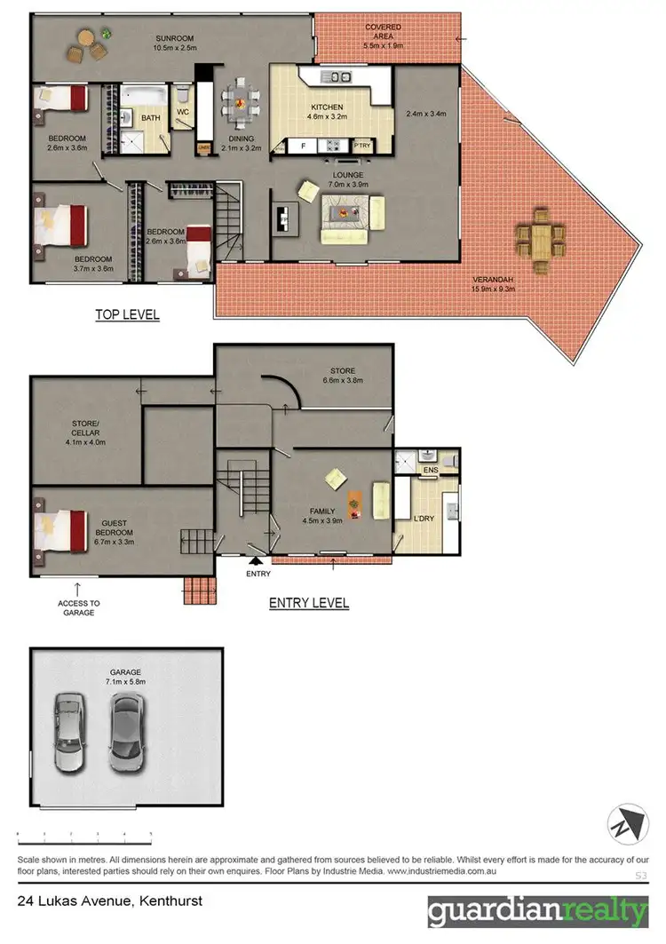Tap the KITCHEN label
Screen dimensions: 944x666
326,107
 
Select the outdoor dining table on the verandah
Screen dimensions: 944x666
540,239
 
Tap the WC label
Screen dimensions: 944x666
182,113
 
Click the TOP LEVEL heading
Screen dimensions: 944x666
127,314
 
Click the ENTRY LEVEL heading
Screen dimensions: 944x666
308,603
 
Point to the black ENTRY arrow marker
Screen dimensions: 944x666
256,561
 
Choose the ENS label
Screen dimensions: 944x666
431,470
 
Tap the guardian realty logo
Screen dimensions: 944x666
538,912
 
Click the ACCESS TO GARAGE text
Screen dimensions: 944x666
79,608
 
